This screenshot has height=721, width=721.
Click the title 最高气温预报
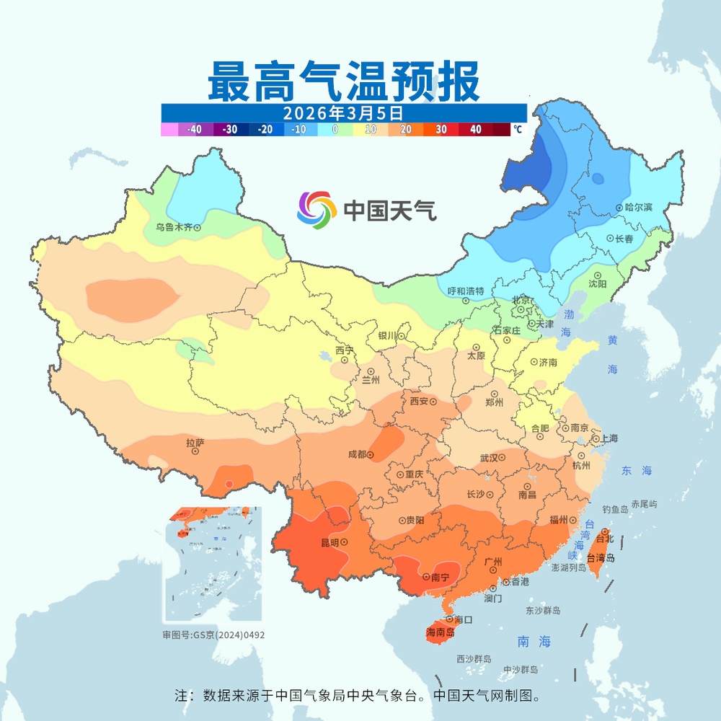click(343, 81)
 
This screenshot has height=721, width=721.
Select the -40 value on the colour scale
click(193, 130)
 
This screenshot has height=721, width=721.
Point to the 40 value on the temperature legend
click(476, 130)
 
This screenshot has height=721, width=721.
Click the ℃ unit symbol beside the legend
click(518, 130)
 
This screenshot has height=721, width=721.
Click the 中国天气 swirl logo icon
click(317, 209)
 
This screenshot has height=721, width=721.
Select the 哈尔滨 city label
click(638, 208)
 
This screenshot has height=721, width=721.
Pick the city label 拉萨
click(195, 443)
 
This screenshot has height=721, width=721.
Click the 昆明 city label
click(329, 542)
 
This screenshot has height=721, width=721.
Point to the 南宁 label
click(440, 578)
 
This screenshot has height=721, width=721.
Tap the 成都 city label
click(357, 455)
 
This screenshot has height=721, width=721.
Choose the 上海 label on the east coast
click(609, 438)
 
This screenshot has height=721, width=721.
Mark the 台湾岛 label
click(601, 558)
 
